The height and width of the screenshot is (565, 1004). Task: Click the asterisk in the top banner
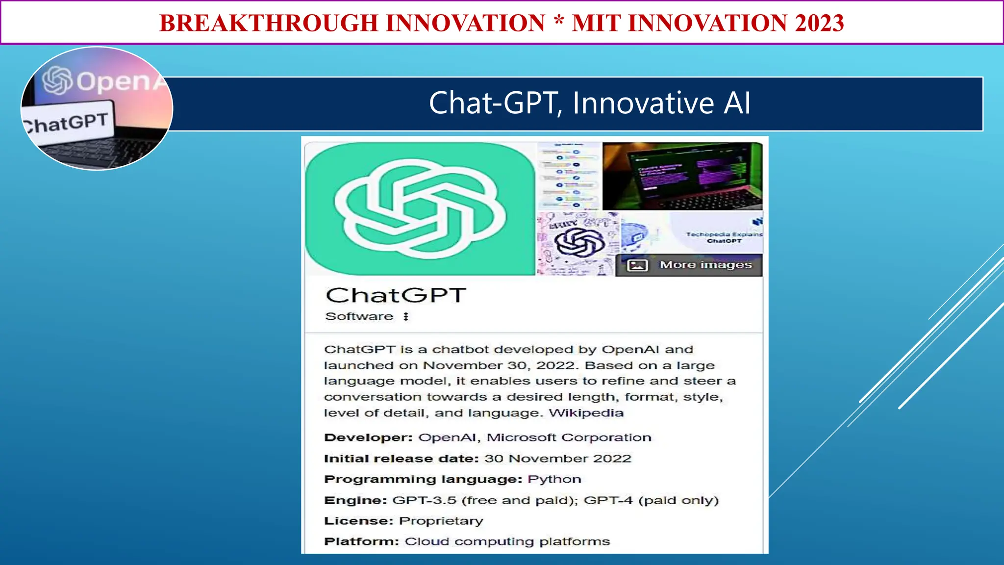pos(558,22)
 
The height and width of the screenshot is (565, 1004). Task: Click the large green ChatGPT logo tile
pos(420,209)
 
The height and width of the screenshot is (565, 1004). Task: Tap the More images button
pos(689,265)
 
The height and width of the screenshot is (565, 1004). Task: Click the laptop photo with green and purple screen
pos(682,176)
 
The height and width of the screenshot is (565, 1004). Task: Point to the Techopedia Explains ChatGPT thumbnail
pos(716,233)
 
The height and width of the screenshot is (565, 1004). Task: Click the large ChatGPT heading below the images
pos(395,295)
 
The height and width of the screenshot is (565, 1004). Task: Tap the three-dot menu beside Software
pos(406,316)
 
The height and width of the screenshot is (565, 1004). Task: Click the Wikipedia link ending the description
pos(586,413)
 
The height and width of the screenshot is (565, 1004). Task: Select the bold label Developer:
pos(368,437)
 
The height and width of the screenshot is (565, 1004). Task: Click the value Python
pos(554,479)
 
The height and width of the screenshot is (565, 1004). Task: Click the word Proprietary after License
pos(441,521)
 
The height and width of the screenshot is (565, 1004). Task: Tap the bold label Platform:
pos(361,541)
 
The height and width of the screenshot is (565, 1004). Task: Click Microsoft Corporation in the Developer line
pos(569,437)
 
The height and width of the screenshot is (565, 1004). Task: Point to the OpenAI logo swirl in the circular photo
pos(57,80)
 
